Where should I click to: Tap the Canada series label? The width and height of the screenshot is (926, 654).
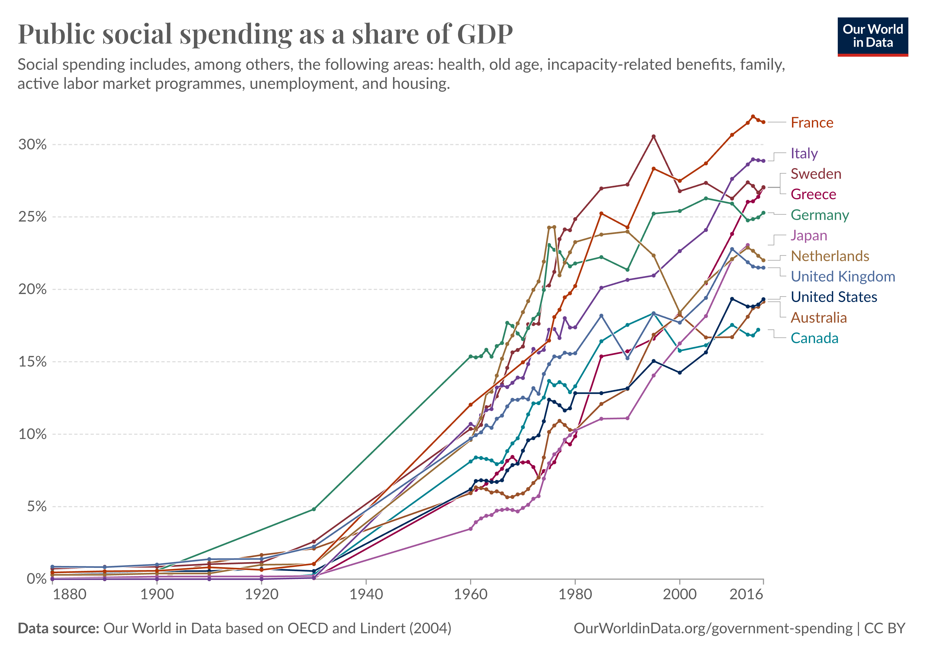[814, 338]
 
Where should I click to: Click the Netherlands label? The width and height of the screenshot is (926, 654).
[830, 256]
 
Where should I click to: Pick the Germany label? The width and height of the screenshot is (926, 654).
[820, 215]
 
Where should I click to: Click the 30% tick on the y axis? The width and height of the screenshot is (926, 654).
[32, 144]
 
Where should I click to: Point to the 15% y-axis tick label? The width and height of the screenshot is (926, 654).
[32, 362]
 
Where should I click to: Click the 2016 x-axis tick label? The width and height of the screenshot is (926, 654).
[747, 594]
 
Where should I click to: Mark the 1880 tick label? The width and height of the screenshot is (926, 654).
[69, 594]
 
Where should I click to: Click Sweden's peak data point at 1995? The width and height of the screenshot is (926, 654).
[653, 136]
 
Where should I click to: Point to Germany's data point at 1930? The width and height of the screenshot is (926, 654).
[314, 509]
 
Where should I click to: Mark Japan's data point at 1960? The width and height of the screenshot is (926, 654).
[470, 529]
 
